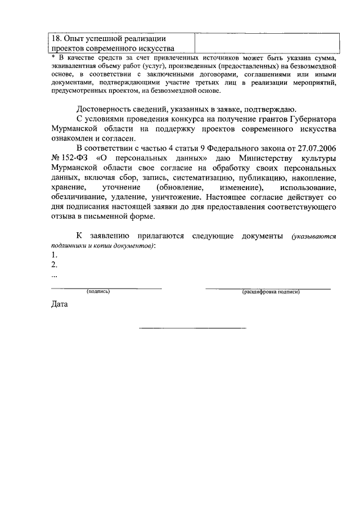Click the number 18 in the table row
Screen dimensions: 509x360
[56, 38]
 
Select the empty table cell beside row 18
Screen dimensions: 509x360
[267, 43]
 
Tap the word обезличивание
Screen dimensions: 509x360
[83, 197]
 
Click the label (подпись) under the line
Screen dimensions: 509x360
[98, 292]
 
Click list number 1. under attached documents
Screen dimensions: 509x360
[54, 255]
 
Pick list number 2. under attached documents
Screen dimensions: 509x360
[54, 265]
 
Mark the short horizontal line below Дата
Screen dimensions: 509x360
[192, 327]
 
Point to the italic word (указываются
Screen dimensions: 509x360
[313, 237]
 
